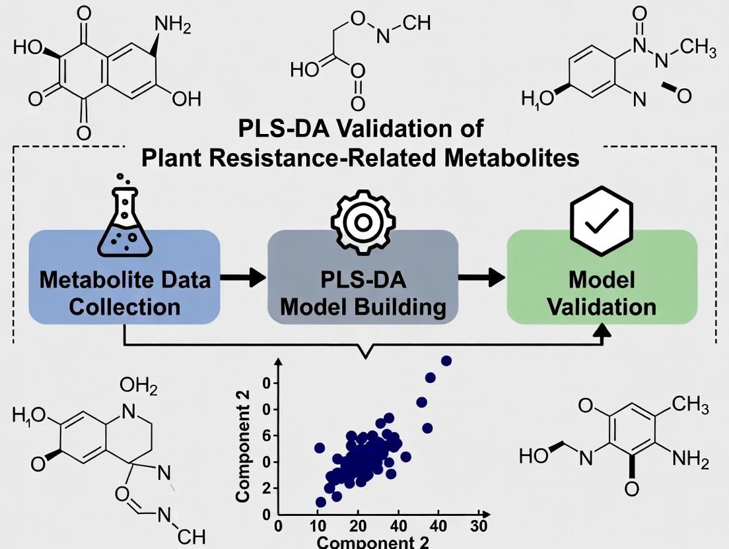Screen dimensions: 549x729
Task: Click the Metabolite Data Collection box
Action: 125,277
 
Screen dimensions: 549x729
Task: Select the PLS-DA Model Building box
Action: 363,277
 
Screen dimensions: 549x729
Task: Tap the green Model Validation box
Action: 602,277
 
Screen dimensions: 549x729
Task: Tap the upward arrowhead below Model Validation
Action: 602,333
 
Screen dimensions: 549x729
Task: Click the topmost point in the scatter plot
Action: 446,360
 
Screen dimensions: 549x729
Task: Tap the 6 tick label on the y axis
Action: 265,436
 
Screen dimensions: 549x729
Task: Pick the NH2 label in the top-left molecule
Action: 172,26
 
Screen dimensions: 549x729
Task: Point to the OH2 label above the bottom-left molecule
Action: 139,387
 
